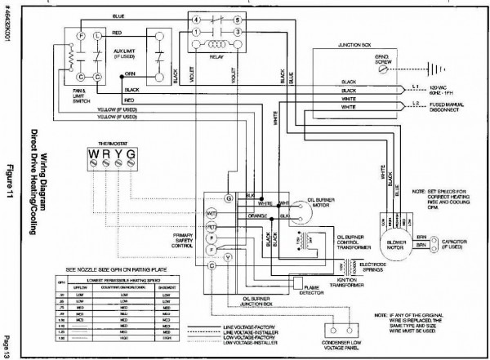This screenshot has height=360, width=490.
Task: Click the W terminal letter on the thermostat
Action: pos(96,153)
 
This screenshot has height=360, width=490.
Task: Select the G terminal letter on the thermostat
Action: pos(132,153)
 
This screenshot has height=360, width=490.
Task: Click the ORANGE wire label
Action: pos(250,217)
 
